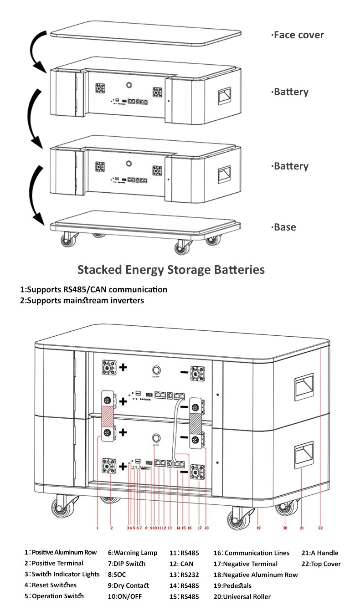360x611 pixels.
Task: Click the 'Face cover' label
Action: (x=298, y=35)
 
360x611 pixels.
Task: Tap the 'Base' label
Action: (x=283, y=227)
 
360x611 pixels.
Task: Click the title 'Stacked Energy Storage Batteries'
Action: (x=171, y=269)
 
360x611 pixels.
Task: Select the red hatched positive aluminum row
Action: (x=108, y=416)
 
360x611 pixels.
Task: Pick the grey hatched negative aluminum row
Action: (x=195, y=423)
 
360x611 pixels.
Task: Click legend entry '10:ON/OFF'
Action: (x=125, y=596)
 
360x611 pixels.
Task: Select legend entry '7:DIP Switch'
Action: (x=127, y=564)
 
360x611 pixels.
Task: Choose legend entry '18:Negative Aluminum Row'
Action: (x=256, y=575)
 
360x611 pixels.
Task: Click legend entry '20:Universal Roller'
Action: (x=242, y=596)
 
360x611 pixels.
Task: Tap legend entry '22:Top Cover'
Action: (x=321, y=564)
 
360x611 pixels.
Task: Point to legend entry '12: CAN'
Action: (x=181, y=564)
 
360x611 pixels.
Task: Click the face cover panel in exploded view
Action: (x=146, y=33)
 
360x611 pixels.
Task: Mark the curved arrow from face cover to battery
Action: (x=33, y=52)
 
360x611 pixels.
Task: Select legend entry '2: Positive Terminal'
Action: (x=54, y=563)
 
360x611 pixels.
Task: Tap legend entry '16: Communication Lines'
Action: (x=252, y=553)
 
